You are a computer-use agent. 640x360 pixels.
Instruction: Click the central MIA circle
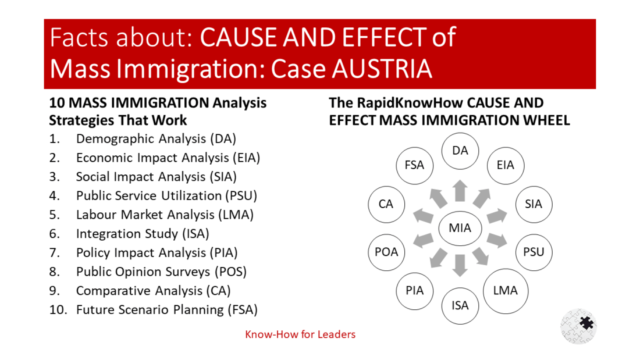point(460,229)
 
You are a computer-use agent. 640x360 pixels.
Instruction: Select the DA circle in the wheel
point(460,151)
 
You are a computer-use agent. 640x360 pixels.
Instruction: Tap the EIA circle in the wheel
point(505,165)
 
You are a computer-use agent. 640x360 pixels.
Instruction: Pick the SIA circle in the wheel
point(534,204)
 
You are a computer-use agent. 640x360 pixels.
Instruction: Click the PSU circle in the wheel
point(534,252)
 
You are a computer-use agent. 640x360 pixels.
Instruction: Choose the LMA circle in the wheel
point(505,290)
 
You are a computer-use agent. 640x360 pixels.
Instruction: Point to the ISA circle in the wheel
point(460,305)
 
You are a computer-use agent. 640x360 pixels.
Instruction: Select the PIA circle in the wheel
point(415,290)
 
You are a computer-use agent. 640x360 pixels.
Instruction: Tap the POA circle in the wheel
point(386,252)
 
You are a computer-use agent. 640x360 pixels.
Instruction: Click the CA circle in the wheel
point(386,204)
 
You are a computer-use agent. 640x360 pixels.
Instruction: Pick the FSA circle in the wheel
point(415,165)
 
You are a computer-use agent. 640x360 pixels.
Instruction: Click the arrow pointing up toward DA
point(460,191)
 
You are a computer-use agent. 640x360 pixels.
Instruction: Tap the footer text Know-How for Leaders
point(300,334)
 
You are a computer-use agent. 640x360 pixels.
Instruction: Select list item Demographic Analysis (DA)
point(156,139)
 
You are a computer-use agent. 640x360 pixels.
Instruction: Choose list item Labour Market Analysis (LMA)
point(165,215)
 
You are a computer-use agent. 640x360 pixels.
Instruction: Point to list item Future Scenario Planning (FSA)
point(166,309)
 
